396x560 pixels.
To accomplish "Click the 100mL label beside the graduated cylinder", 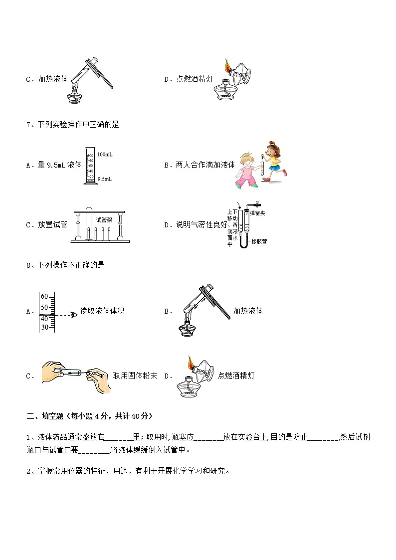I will tap(105, 155).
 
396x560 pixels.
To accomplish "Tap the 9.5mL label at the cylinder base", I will tap(104, 179).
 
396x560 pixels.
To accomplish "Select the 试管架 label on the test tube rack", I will tap(104, 219).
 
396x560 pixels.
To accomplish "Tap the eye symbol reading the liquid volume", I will tap(74, 315).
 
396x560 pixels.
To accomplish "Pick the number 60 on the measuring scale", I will tap(44, 296).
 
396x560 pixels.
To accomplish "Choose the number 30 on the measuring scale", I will tap(44, 327).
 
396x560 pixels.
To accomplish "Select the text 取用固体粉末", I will tap(135, 375).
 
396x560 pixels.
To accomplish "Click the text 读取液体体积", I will tap(102, 311).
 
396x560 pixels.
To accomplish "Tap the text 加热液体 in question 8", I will tap(247, 311).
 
